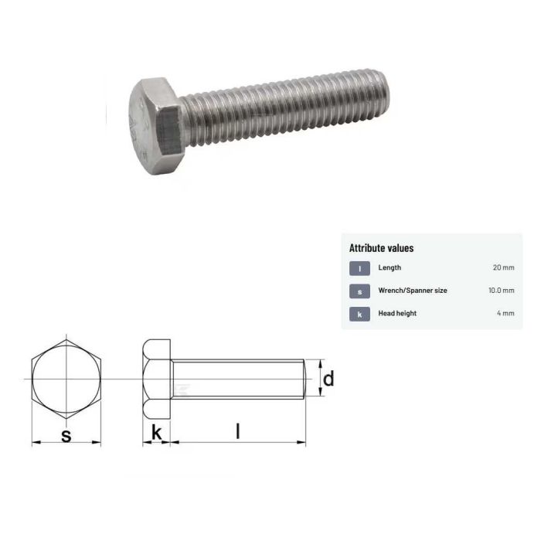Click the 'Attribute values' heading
pyautogui.click(x=381, y=248)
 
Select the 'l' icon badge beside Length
pyautogui.click(x=359, y=268)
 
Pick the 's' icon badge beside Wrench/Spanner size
pyautogui.click(x=359, y=291)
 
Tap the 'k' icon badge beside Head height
pyautogui.click(x=359, y=313)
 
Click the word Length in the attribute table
pyautogui.click(x=390, y=268)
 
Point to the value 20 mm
pyautogui.click(x=503, y=268)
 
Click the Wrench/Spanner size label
pyautogui.click(x=412, y=291)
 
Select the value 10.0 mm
pyautogui.click(x=500, y=291)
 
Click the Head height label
pyautogui.click(x=397, y=313)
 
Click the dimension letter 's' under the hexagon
pyautogui.click(x=66, y=435)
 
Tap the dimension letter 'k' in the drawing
pyautogui.click(x=156, y=434)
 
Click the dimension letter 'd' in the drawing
pyautogui.click(x=328, y=379)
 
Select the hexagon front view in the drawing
pyautogui.click(x=66, y=379)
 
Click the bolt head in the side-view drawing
pyautogui.click(x=156, y=379)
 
